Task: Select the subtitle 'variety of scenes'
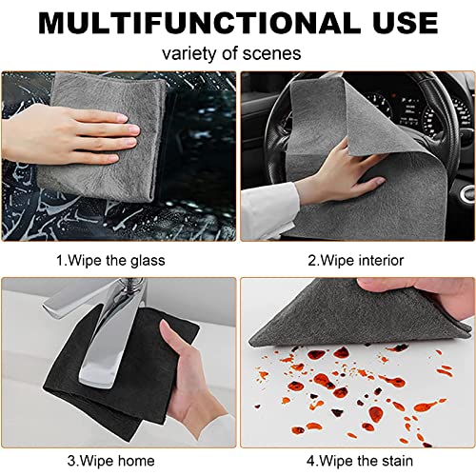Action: [x=238, y=54]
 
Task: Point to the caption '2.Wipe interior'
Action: [x=354, y=260]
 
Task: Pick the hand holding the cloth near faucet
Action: [x=195, y=381]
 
